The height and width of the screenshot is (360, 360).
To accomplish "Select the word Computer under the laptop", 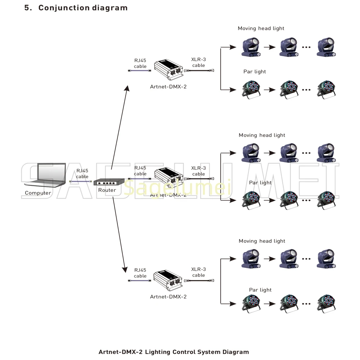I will click(x=38, y=193).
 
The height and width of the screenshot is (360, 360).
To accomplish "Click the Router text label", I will click(x=107, y=190).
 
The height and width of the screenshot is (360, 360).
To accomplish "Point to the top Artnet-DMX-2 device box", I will click(x=168, y=71).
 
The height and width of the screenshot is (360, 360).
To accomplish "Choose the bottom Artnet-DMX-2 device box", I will click(x=168, y=280).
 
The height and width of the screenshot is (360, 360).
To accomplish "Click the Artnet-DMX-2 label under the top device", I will click(x=168, y=86).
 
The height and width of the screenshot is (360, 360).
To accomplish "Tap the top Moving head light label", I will click(x=261, y=28).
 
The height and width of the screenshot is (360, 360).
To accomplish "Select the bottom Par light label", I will click(x=260, y=290).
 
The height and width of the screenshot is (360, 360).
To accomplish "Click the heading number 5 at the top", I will click(x=27, y=8).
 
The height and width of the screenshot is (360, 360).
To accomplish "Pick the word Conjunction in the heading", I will click(x=59, y=8).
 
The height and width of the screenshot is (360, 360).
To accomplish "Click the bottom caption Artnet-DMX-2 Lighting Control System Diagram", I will click(x=174, y=352).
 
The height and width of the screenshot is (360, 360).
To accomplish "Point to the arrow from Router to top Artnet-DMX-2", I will click(x=120, y=127).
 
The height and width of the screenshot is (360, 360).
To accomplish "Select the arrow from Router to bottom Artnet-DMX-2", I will click(x=120, y=234).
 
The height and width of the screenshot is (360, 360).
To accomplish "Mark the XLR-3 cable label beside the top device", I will click(x=198, y=62).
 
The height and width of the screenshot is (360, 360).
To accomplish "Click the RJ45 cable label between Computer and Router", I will click(x=82, y=174).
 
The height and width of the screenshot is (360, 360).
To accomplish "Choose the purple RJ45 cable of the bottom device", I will click(x=140, y=280).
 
